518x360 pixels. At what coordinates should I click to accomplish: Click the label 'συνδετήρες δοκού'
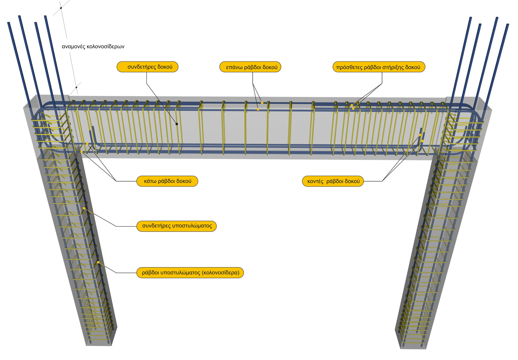coord(147,67)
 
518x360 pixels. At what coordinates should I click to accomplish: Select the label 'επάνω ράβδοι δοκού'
coord(250,67)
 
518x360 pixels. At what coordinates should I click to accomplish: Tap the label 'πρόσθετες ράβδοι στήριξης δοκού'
coord(379,67)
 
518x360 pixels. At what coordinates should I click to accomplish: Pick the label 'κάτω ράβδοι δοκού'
coord(167,181)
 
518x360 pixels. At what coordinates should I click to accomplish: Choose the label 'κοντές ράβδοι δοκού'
coord(333,181)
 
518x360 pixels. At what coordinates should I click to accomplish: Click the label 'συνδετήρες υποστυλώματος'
coord(176,226)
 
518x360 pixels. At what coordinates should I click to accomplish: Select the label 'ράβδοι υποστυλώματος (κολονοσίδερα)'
coord(190,273)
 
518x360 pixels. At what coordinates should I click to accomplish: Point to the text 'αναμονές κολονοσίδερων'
coord(93,46)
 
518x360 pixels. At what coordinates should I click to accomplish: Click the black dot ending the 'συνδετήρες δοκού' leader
coord(177,124)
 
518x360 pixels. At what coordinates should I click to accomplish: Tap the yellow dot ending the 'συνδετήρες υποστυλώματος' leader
coord(84,208)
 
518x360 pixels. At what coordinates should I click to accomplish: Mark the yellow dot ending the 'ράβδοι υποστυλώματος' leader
coord(98,262)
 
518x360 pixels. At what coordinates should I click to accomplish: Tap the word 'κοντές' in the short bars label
coord(315,181)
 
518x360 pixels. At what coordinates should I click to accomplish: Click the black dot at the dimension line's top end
coord(61,8)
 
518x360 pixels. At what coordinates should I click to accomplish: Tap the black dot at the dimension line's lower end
coord(76,87)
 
